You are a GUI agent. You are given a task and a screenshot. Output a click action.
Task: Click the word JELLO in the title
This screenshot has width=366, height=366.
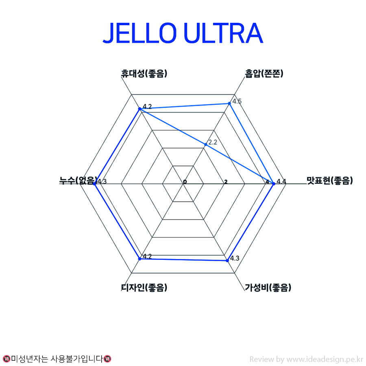click(139, 33)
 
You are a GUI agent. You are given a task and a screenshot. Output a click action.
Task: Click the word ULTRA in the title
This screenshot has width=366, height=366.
click(223, 33)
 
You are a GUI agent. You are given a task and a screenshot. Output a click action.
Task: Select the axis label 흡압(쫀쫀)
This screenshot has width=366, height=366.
click(264, 73)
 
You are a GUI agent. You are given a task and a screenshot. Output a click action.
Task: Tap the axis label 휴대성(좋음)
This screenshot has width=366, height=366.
click(144, 73)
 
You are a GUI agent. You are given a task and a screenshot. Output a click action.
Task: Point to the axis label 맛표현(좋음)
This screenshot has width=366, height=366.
click(329, 181)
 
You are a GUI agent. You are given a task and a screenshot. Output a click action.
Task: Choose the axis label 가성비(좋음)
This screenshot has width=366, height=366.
click(268, 288)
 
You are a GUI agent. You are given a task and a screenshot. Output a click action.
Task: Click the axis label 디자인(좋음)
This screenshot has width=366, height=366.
click(144, 288)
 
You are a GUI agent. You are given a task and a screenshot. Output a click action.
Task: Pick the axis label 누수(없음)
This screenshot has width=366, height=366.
click(78, 181)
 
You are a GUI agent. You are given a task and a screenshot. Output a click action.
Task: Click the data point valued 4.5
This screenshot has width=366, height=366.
click(229, 103)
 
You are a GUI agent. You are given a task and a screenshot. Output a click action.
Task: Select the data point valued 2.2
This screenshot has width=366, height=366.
click(205, 145)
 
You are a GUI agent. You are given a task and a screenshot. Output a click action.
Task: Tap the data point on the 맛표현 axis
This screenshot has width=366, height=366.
click(274, 184)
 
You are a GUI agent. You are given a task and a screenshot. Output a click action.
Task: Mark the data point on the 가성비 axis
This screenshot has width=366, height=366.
click(227, 261)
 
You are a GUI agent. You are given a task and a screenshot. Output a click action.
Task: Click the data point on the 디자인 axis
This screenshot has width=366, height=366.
click(139, 259)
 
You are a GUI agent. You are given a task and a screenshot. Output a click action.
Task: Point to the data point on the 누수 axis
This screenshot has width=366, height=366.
click(94, 184)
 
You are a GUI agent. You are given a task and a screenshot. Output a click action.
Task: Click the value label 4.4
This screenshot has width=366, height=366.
click(281, 181)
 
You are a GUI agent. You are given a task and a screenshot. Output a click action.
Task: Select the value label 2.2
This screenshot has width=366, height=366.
click(213, 142)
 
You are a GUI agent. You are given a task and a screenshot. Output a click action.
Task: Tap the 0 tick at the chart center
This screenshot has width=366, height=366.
click(185, 182)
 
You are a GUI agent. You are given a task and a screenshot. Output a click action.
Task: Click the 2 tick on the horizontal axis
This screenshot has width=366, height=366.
click(226, 182)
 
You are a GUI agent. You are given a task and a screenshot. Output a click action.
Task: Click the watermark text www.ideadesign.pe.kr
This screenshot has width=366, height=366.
click(325, 359)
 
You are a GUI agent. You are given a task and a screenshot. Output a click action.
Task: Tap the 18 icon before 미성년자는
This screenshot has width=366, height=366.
click(7, 359)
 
